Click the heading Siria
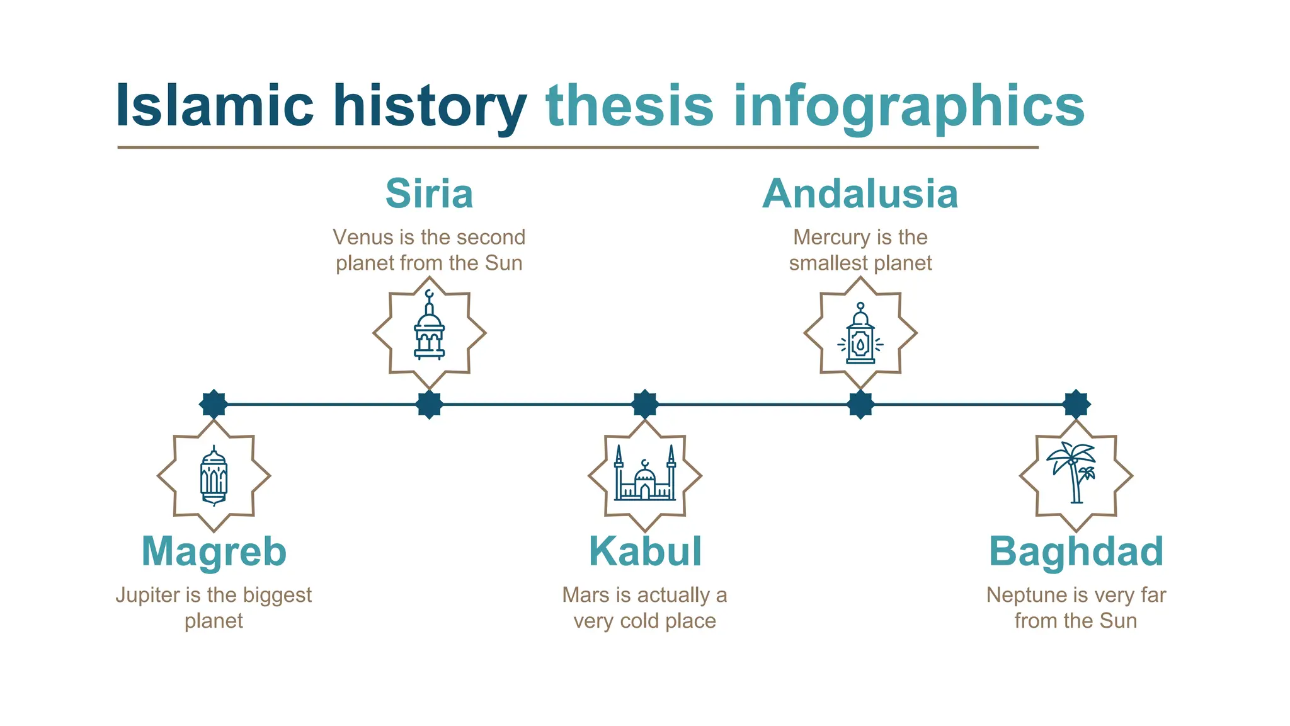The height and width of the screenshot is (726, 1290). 429,193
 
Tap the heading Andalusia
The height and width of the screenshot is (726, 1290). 860,193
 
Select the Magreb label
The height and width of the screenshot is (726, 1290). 214,551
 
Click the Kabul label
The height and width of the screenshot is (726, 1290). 645,551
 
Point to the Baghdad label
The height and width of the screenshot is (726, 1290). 1076,551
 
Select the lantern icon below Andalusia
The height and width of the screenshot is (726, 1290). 860,334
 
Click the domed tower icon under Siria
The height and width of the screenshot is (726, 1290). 429,328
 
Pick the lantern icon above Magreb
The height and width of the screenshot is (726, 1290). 214,476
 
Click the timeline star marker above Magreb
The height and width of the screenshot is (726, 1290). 214,404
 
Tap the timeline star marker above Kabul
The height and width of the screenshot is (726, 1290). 645,404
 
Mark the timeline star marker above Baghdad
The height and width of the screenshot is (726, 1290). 1076,404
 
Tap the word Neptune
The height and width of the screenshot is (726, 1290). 1018,595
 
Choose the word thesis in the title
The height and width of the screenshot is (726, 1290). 629,106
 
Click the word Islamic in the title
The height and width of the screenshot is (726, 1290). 214,106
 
